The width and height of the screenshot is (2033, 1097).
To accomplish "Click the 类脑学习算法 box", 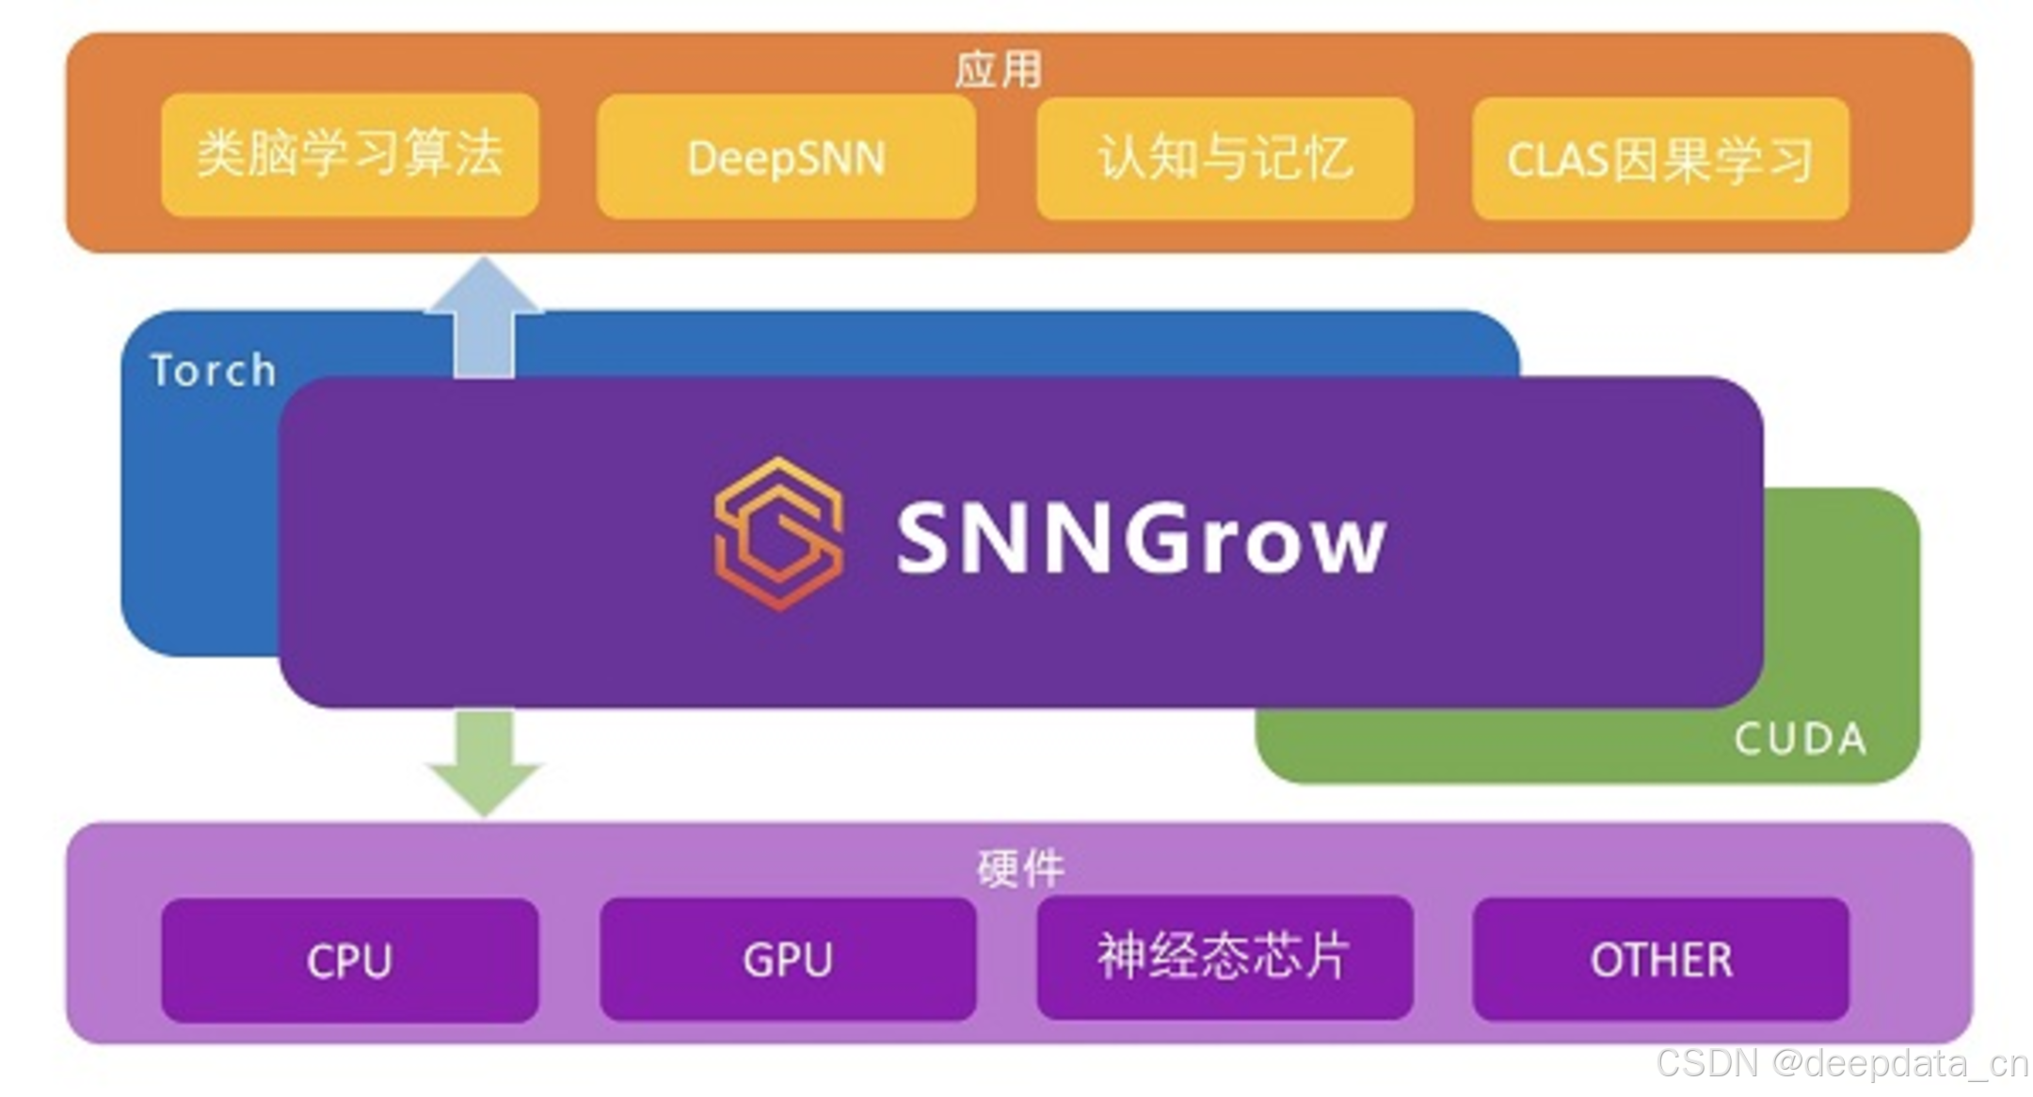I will point(349,155).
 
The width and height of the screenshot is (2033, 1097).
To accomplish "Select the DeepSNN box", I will point(786,158).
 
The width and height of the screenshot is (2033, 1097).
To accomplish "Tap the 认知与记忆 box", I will point(1225,158).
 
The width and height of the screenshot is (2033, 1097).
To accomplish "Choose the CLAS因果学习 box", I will point(1660,159).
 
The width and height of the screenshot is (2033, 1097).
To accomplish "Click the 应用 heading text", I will point(999,71).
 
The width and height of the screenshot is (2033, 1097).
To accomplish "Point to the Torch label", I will point(214,370).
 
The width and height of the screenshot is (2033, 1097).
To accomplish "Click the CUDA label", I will point(1800,739).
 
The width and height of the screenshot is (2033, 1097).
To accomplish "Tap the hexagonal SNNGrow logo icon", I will point(778,533).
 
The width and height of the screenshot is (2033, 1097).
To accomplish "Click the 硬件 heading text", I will point(1020,867).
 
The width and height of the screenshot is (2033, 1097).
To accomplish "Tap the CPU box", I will point(349,961).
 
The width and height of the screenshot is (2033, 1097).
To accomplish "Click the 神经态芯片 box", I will point(1225,957).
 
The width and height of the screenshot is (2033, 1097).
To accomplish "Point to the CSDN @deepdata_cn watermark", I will point(1841,1064).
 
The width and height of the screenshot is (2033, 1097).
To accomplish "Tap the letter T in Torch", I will point(165,370).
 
